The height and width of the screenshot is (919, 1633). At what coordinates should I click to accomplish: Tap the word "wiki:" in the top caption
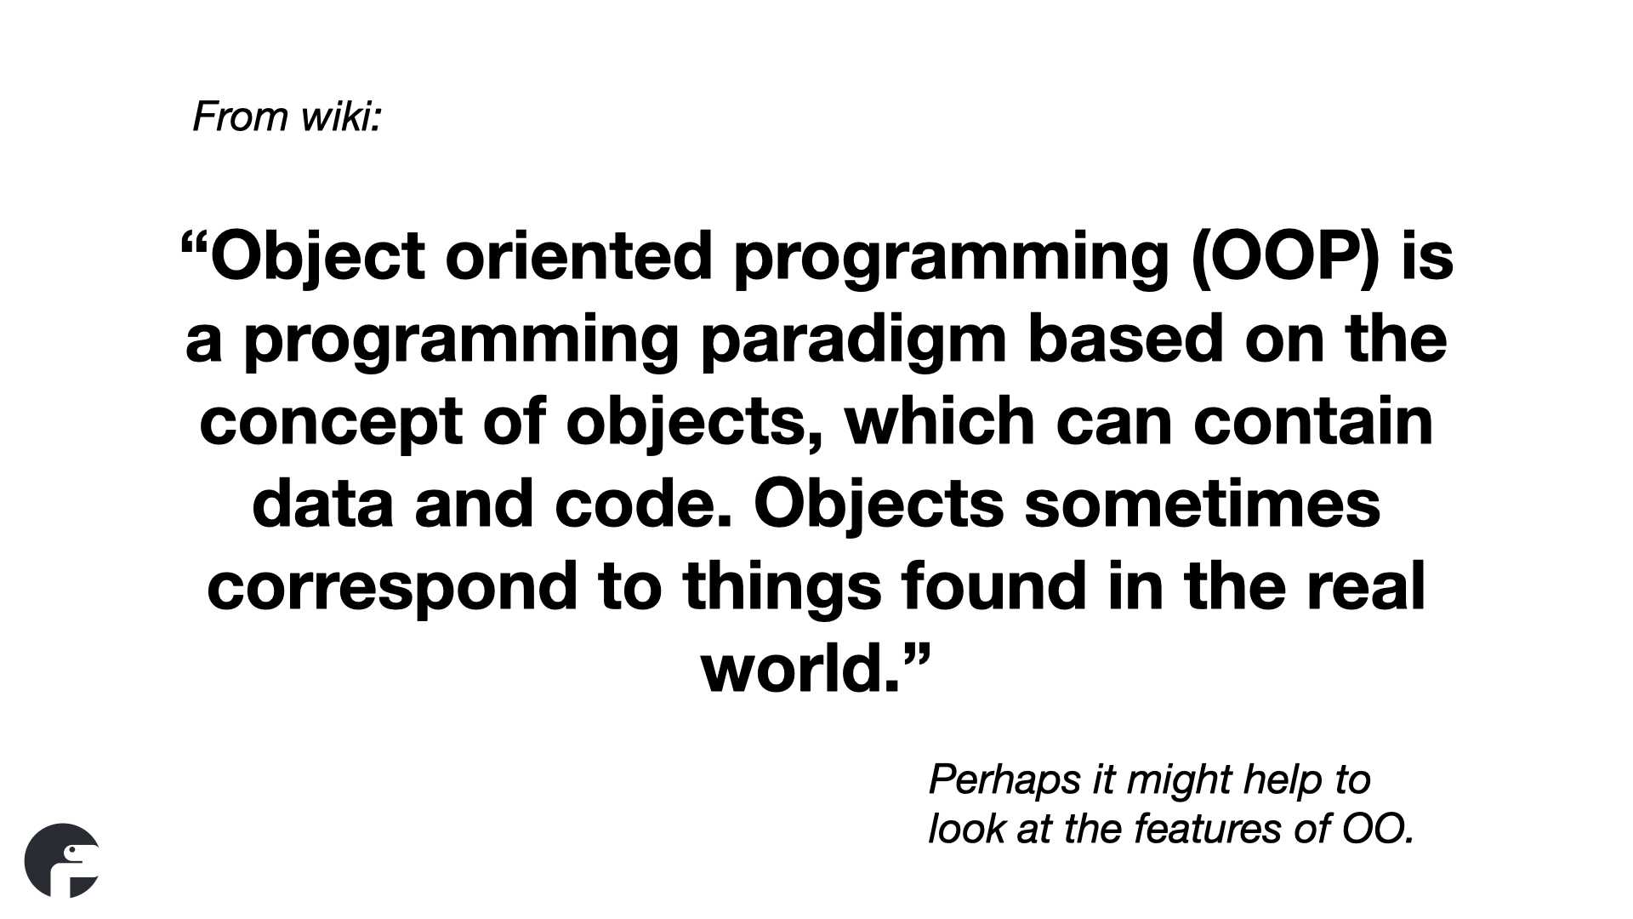[x=340, y=117]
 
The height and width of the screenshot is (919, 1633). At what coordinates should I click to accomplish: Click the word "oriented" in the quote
[x=578, y=256]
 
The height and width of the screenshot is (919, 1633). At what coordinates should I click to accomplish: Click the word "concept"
[x=331, y=424]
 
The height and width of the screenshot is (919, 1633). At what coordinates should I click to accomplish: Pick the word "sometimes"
[x=1203, y=504]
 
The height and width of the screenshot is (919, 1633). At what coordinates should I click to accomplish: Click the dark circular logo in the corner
[x=62, y=860]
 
